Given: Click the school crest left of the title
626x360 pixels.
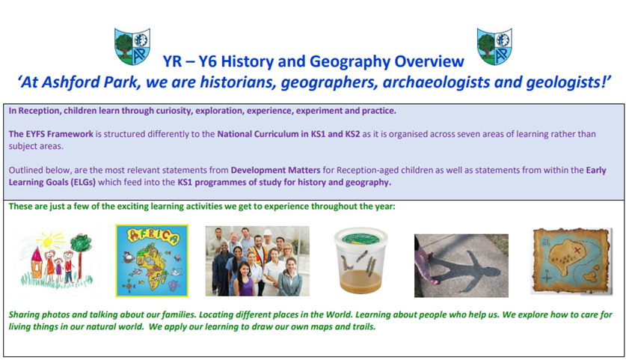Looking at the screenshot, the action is coord(132,46).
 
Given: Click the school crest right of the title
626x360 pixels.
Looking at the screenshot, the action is coord(494,46).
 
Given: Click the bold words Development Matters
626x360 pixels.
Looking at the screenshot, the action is coord(275,170).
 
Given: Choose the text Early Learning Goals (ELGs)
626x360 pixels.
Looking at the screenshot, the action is coord(307,176).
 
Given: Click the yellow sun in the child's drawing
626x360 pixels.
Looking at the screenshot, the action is coord(49,240).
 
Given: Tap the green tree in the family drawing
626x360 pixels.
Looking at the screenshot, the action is coord(81,250).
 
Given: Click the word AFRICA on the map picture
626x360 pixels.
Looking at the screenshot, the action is coord(152,237).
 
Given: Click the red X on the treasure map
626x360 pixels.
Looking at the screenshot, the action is coord(577,250).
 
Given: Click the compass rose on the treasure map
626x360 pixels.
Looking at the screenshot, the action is coord(547,275).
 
